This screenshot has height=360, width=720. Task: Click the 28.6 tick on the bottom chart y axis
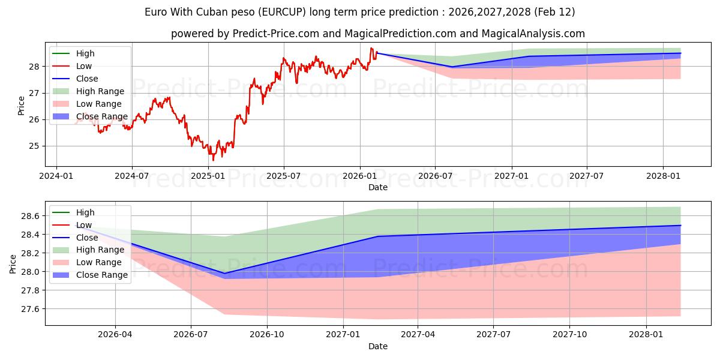point(30,216)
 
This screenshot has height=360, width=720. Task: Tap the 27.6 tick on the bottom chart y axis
point(30,309)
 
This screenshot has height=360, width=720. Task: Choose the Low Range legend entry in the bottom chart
point(99,262)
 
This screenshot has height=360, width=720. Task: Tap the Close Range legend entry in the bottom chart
point(101,275)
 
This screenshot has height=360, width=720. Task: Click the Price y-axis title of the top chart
point(22,106)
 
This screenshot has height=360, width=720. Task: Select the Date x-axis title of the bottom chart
point(378,346)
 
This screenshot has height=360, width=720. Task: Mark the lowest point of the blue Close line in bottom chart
point(225,274)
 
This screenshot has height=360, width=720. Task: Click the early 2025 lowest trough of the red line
point(213,160)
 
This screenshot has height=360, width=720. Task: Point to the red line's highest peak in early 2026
point(371,48)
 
